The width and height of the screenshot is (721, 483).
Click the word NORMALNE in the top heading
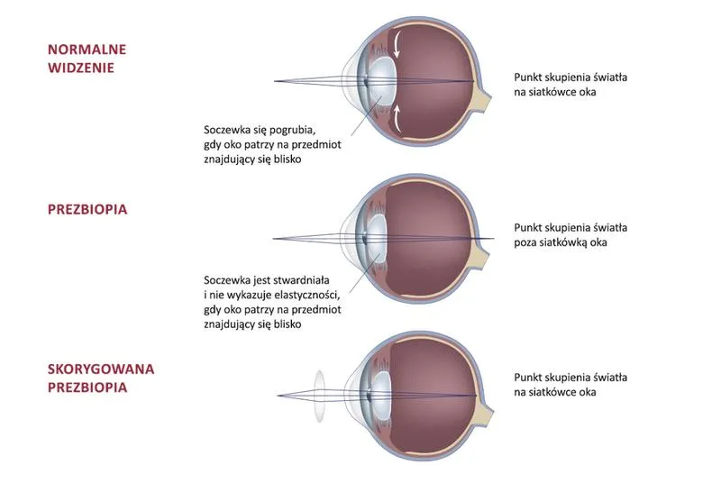click(87, 50)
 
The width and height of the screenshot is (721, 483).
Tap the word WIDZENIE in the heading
click(81, 68)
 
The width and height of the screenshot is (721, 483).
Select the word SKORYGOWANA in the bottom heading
click(101, 369)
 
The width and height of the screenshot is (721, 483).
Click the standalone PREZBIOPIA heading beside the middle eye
click(87, 210)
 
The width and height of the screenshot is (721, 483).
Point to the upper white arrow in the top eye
click(396, 45)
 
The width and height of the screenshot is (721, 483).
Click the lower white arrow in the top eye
click(397, 117)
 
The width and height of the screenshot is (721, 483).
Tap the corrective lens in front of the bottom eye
click(319, 396)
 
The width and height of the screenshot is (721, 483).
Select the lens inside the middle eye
click(377, 239)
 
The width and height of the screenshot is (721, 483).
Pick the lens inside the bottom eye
click(380, 396)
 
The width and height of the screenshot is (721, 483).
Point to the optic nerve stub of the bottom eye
click(485, 413)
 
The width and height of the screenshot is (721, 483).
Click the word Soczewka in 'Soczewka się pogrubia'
click(224, 130)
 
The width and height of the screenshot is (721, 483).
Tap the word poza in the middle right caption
click(525, 242)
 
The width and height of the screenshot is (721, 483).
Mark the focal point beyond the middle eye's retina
click(493, 239)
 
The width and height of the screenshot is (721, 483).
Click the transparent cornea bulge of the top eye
click(348, 82)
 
